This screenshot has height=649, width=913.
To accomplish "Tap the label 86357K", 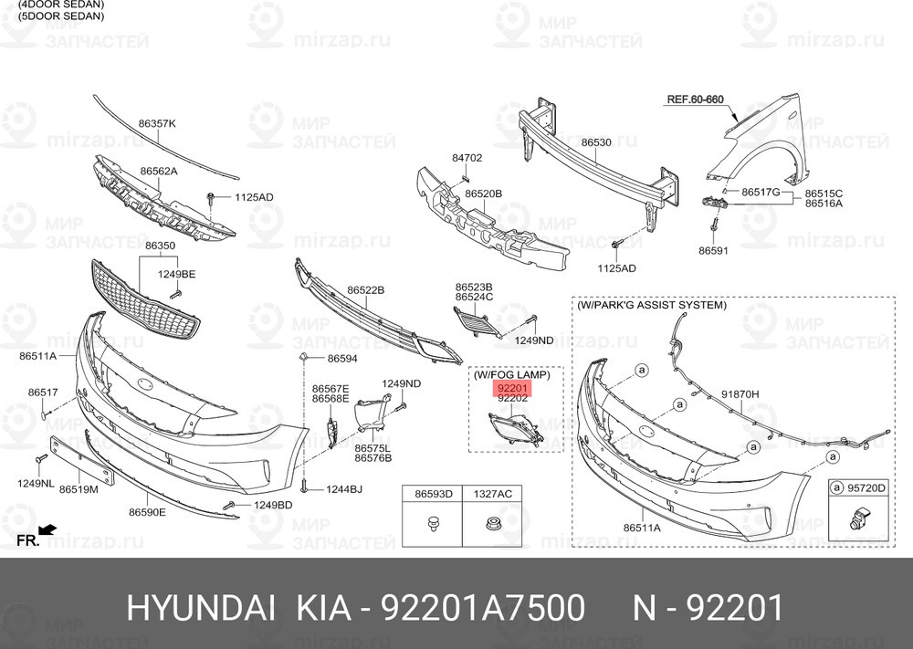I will pyautogui.click(x=157, y=122).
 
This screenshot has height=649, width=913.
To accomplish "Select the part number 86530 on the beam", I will pyautogui.click(x=596, y=142).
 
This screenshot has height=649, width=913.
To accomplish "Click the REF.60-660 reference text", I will pyautogui.click(x=695, y=99).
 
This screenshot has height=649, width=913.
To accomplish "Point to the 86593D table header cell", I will pyautogui.click(x=434, y=494).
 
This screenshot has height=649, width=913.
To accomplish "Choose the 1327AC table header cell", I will pyautogui.click(x=492, y=494).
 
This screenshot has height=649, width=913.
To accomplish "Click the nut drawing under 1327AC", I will pyautogui.click(x=491, y=525).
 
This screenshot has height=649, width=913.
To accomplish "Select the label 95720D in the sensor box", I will pyautogui.click(x=866, y=488).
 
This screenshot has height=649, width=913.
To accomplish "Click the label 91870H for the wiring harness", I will pyautogui.click(x=740, y=394).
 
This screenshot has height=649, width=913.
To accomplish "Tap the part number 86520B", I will pyautogui.click(x=483, y=194).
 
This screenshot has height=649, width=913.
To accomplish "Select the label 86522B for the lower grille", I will pyautogui.click(x=365, y=289).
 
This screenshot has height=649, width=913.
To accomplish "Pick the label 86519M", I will pyautogui.click(x=79, y=489).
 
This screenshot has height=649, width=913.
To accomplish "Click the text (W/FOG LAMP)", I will pyautogui.click(x=511, y=374).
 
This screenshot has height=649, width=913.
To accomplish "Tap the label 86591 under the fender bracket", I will pyautogui.click(x=713, y=249).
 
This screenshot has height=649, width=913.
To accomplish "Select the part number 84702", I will pyautogui.click(x=467, y=158).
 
